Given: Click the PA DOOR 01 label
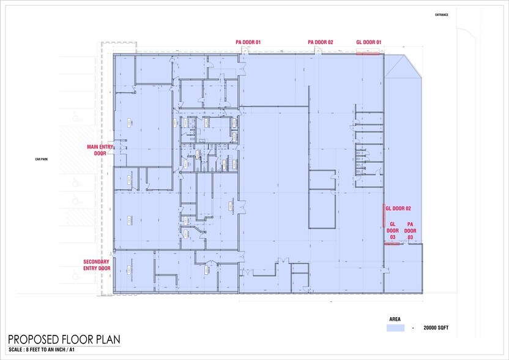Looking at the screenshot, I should [248, 42].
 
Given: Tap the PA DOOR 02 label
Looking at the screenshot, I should [321, 42].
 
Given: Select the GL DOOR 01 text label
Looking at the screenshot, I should [369, 42].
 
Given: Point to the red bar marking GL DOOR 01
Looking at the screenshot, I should [368, 54].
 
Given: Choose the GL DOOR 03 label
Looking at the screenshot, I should [393, 231].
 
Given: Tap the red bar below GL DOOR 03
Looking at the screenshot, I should [392, 244].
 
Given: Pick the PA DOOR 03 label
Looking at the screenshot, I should [411, 231].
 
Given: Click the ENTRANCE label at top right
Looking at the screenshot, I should [441, 15].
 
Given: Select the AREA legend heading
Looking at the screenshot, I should [396, 320].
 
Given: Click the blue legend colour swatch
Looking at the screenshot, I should [396, 329].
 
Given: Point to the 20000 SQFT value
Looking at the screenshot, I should [436, 329].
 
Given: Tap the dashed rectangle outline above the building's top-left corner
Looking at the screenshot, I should [108, 48].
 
